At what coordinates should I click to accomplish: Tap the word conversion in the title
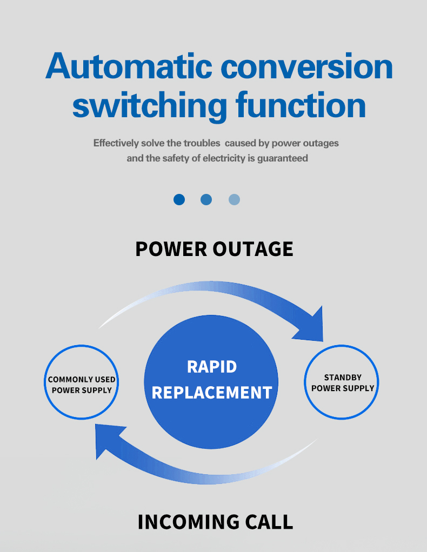pyautogui.click(x=307, y=66)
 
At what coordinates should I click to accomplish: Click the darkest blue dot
pyautogui.click(x=179, y=200)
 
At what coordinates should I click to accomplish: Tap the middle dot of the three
pyautogui.click(x=206, y=200)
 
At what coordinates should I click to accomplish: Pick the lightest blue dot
pyautogui.click(x=234, y=200)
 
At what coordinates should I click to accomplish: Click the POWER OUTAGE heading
pyautogui.click(x=214, y=249)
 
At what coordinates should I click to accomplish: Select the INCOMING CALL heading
pyautogui.click(x=215, y=522)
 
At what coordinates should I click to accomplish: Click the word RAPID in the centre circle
pyautogui.click(x=212, y=367)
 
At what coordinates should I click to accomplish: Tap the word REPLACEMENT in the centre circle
pyautogui.click(x=212, y=392)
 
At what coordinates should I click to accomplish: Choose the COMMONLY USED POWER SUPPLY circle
pyautogui.click(x=81, y=382)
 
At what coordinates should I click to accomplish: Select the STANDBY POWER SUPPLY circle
pyautogui.click(x=342, y=382)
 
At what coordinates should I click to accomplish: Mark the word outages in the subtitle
pyautogui.click(x=321, y=143)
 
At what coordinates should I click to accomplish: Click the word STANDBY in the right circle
pyautogui.click(x=343, y=378)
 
